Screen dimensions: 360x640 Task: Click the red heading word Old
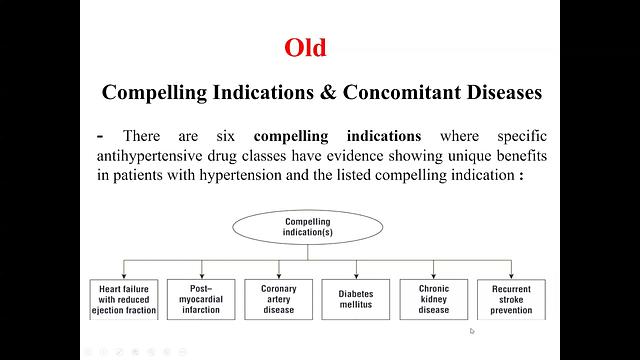[x=305, y=47]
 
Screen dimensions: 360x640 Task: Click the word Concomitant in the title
[x=388, y=92]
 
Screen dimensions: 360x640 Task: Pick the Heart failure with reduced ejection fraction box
[x=124, y=298]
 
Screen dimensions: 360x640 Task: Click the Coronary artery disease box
[x=279, y=298]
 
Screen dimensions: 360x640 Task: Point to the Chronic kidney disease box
[x=434, y=298]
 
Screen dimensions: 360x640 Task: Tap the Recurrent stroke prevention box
[x=512, y=298]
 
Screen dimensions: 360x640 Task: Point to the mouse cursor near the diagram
[x=471, y=331]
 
